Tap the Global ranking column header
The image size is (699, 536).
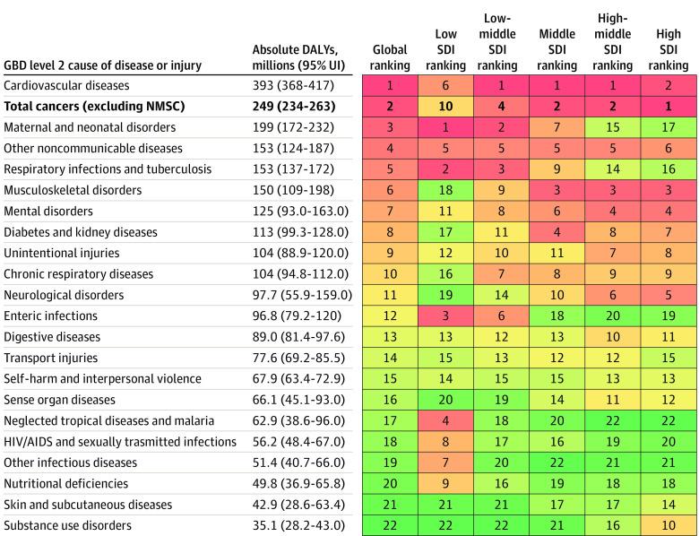[390, 57]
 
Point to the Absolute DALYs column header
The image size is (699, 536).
[295, 57]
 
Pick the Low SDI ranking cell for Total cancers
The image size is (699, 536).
[445, 107]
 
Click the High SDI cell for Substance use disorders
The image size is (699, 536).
[669, 525]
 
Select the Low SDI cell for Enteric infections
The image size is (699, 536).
[445, 316]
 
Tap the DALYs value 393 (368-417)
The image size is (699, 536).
[293, 86]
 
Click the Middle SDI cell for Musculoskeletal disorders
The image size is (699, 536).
[557, 190]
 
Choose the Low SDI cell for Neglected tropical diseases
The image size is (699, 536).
[445, 420]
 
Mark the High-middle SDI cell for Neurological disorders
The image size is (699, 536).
[612, 295]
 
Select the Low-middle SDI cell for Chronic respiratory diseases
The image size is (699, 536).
[501, 274]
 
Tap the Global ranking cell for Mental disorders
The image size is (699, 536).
[390, 212]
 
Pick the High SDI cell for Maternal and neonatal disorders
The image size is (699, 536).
[669, 127]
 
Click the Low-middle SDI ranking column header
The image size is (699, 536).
[501, 42]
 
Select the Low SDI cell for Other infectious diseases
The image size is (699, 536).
[445, 463]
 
